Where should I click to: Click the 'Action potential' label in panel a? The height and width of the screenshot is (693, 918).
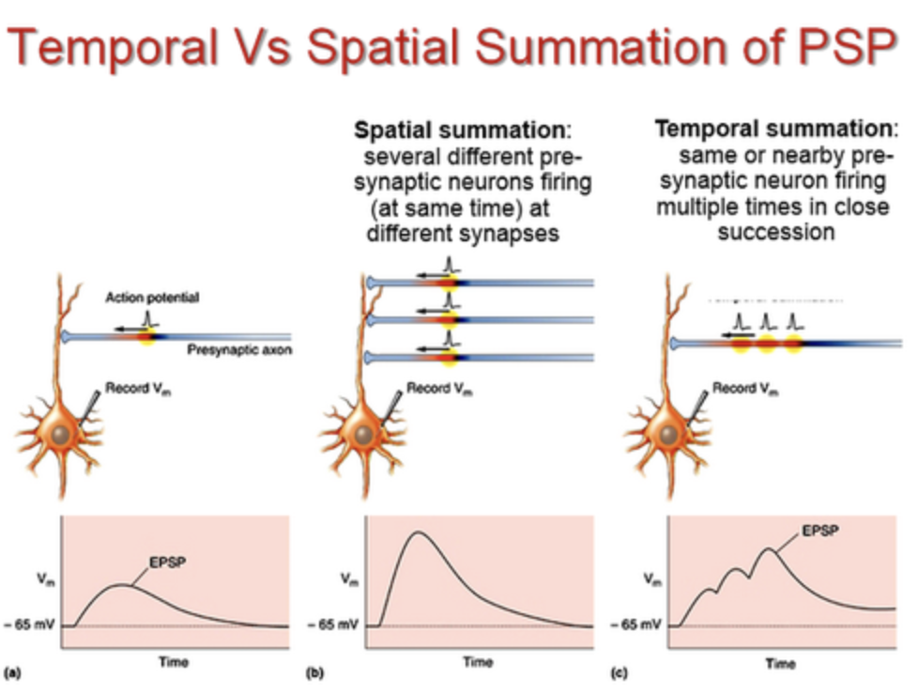pyautogui.click(x=152, y=298)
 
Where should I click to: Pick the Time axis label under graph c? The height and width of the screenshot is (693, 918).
pyautogui.click(x=780, y=663)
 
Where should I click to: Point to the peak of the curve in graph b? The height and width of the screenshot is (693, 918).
pyautogui.click(x=420, y=532)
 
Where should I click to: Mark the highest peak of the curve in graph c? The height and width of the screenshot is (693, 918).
pyautogui.click(x=771, y=547)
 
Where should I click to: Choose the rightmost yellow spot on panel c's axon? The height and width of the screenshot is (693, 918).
pyautogui.click(x=793, y=344)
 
